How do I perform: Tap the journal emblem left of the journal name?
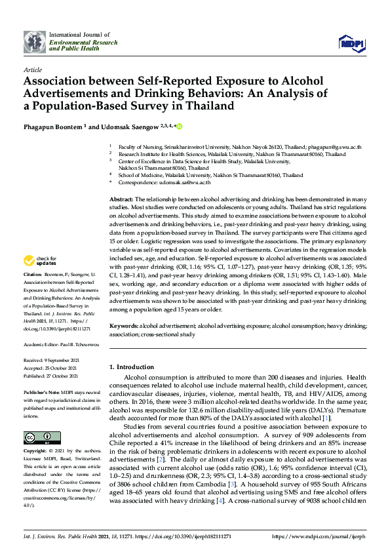36,42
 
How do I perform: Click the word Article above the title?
32,69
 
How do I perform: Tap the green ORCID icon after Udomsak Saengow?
178,127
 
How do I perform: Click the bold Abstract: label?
121,198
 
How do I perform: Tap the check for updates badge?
39,261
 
